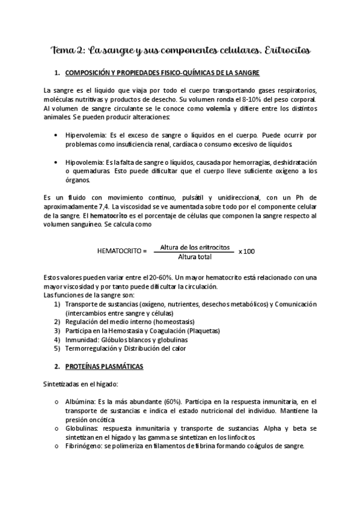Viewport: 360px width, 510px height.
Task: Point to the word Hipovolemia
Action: point(84,163)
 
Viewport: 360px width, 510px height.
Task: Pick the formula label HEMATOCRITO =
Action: point(122,250)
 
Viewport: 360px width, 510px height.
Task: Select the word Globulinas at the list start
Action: point(82,428)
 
